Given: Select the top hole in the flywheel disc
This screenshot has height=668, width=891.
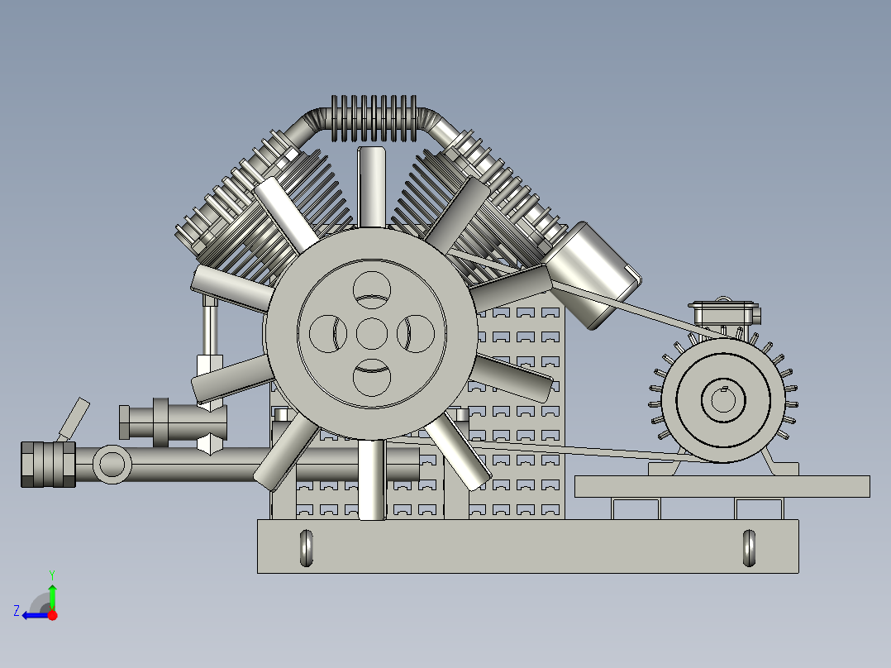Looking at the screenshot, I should click(x=372, y=288).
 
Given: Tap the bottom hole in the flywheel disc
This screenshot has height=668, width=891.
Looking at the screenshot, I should click(x=372, y=379).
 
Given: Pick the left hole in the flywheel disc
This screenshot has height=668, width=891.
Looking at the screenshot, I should click(x=326, y=334).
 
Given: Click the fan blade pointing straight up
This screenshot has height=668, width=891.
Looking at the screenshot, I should click(x=372, y=186).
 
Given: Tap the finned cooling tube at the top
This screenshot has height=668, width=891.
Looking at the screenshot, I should click(x=371, y=120).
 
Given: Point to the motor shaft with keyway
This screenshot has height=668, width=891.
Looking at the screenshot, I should click(x=722, y=401).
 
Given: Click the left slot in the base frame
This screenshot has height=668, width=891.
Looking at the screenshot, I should click(x=306, y=547).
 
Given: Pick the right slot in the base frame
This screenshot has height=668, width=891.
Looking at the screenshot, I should click(x=749, y=547).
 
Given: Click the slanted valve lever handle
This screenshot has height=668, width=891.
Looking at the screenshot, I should click(x=74, y=418).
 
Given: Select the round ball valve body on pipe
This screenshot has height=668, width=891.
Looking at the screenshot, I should click(x=111, y=465).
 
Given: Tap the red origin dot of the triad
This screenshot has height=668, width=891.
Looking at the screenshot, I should click(x=53, y=615).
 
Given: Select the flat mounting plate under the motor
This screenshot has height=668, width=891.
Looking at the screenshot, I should click(x=722, y=486).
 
